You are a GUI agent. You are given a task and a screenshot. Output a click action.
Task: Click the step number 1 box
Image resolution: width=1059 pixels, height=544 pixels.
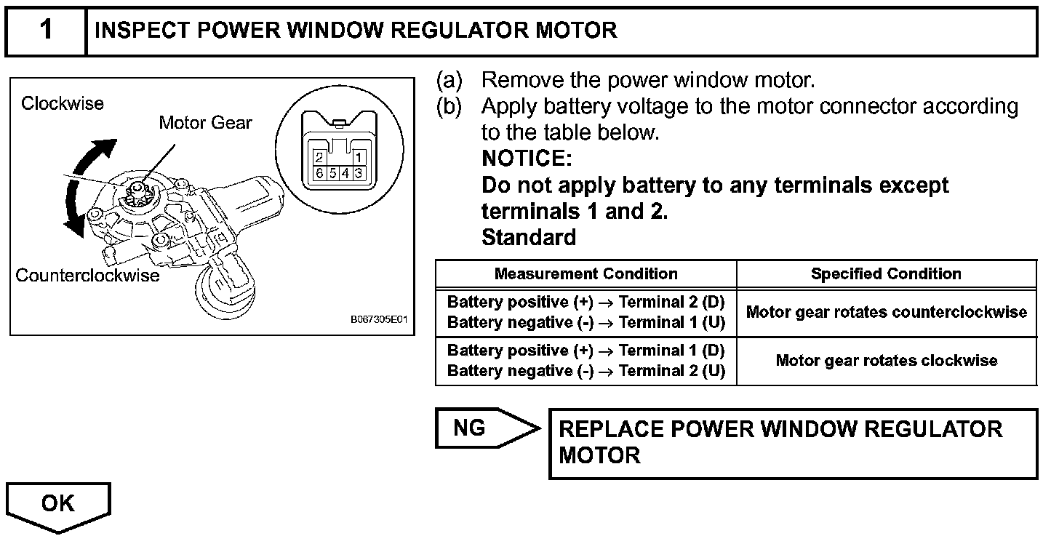point(46,31)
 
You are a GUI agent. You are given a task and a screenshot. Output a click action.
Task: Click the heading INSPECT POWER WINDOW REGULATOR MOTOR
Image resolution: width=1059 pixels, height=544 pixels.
point(356,31)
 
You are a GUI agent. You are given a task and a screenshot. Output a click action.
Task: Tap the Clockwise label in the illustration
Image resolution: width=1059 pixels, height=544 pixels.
point(63,103)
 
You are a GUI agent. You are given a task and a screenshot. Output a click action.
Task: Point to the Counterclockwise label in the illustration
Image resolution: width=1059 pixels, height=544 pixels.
point(87,276)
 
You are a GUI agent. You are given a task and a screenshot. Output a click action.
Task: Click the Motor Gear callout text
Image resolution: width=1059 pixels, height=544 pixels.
point(205,123)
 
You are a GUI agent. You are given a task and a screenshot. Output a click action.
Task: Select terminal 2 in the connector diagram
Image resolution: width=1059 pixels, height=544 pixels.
point(319,157)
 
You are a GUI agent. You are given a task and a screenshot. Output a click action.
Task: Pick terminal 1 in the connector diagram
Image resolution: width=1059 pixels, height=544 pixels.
point(358,157)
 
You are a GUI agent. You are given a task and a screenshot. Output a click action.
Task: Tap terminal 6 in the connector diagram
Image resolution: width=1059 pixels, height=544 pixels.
point(319,173)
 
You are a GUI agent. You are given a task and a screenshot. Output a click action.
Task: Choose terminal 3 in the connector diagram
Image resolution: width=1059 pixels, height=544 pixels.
point(359,173)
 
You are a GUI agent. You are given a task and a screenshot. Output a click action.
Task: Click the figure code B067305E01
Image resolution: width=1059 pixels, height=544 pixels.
point(380,320)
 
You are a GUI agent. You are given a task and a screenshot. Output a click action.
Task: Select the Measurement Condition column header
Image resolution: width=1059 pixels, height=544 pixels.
point(586,274)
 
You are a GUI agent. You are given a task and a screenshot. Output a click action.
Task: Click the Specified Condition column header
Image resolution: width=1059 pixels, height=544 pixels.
point(886,274)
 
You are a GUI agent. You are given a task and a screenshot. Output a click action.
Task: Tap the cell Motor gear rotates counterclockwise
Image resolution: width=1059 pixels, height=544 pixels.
point(886,312)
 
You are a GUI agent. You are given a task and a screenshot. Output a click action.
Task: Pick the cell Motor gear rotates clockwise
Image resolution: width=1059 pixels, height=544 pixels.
point(886,361)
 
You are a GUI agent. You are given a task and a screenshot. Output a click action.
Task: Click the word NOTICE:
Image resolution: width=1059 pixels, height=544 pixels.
point(527,159)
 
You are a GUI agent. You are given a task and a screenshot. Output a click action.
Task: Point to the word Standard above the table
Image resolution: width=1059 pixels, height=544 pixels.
point(529,237)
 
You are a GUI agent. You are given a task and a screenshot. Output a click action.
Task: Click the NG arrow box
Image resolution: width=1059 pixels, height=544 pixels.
point(480,428)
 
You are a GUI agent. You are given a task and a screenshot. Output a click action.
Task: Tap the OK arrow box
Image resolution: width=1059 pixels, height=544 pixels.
point(58,504)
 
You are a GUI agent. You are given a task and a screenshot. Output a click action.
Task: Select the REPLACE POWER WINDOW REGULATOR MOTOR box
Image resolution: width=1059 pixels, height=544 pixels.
point(792,443)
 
